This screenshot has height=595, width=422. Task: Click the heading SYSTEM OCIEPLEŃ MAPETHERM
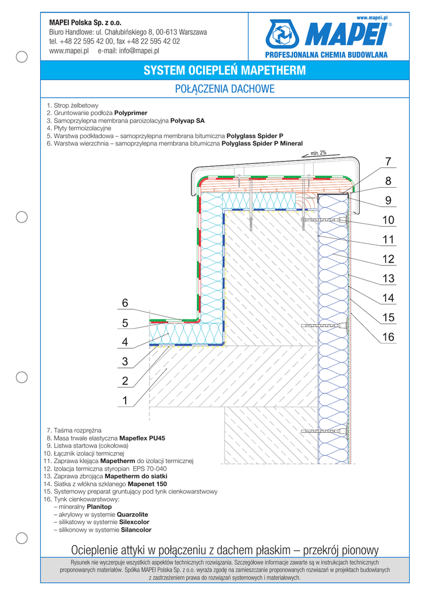click(x=224, y=71)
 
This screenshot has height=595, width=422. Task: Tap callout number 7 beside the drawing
click(x=388, y=162)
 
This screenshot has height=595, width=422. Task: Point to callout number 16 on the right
click(x=388, y=337)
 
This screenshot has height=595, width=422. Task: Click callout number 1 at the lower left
click(x=124, y=400)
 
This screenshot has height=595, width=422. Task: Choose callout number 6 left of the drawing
click(x=124, y=303)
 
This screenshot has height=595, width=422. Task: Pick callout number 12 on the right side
click(x=388, y=259)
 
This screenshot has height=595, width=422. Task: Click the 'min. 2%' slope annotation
click(x=318, y=153)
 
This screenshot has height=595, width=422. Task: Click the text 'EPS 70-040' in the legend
click(x=150, y=468)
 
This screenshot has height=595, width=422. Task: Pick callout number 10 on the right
click(x=388, y=220)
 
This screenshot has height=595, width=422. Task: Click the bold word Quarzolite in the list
click(x=133, y=514)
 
